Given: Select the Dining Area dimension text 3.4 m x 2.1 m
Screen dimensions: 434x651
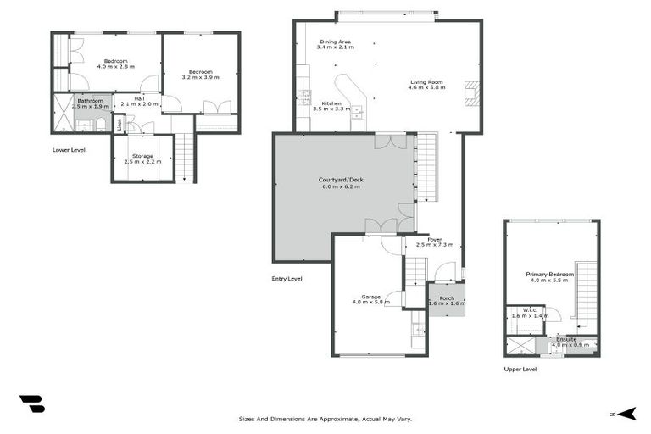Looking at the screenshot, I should coord(334,47).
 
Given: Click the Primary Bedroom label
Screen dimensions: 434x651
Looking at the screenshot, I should coord(549,274).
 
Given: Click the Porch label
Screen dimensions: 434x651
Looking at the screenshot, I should coord(447,298).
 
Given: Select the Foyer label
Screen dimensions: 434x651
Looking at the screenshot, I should coord(434,239).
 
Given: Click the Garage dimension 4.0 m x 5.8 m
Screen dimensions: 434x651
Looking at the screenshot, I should coord(370,302).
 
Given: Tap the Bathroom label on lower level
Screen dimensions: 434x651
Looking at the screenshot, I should coord(90,101).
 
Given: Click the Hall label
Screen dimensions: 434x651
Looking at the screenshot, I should coord(140,97).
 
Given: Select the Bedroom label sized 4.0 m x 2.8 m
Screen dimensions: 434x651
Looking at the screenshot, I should coord(115,60).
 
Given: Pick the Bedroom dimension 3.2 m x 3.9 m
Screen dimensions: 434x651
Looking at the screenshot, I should coord(201,77).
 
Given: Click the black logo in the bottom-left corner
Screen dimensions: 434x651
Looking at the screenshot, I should coord(32,403).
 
